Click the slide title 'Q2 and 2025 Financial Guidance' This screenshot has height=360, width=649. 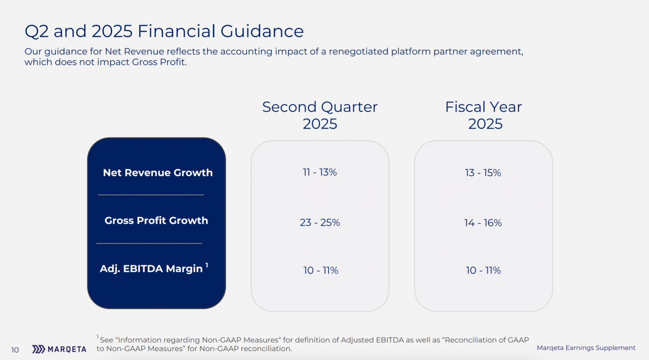164,31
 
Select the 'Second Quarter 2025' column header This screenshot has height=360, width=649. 320,115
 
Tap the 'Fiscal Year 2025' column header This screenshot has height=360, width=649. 484,115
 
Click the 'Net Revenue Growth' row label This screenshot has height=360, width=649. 158,173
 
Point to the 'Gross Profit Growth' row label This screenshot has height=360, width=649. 156,220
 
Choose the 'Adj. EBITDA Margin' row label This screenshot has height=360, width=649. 151,269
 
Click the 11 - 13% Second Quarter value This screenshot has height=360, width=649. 320,172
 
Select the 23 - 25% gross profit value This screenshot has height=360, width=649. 320,222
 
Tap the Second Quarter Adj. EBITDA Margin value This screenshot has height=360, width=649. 320,270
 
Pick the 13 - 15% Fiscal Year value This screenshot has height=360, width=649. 483,173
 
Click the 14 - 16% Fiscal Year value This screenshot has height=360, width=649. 483,222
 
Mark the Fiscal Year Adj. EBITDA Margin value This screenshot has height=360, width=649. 483,270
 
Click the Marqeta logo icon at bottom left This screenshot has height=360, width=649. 39,349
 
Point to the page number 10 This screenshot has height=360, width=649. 15,349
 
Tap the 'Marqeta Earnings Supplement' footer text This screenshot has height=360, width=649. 586,347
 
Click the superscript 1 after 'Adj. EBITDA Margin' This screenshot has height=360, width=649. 206,265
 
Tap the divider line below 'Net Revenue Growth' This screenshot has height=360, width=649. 151,194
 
